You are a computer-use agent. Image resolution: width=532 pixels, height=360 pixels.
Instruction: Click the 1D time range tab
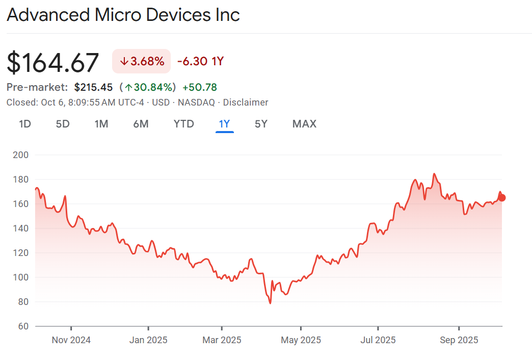click(25, 124)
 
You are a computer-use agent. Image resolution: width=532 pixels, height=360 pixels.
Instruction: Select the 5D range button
click(63, 124)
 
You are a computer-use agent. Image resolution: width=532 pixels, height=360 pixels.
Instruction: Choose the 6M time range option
click(141, 124)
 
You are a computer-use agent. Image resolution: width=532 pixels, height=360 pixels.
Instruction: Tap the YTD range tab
click(183, 124)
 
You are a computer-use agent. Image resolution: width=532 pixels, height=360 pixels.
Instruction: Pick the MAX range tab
click(304, 124)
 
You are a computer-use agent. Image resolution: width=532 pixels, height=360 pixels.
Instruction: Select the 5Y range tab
click(261, 124)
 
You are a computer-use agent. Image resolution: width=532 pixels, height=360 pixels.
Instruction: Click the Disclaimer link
click(246, 102)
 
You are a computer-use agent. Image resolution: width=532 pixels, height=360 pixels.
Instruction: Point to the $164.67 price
click(53, 63)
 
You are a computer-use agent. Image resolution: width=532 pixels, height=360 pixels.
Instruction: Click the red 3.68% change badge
click(142, 62)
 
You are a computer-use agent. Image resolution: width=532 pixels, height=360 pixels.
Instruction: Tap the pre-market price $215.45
click(93, 87)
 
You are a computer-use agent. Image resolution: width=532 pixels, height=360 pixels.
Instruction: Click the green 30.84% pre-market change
click(150, 87)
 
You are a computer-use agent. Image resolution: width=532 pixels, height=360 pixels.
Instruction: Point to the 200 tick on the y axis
click(20, 155)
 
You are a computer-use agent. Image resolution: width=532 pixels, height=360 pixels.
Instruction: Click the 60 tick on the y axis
click(22, 326)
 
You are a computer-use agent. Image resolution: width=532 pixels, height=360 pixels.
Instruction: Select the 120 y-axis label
click(20, 253)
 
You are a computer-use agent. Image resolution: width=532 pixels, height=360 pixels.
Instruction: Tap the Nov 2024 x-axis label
click(71, 340)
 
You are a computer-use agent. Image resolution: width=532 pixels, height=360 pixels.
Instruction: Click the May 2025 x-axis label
click(301, 340)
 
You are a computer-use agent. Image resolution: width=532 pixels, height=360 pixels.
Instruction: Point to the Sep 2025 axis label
click(459, 340)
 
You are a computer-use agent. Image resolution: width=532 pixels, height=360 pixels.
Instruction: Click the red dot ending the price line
click(502, 198)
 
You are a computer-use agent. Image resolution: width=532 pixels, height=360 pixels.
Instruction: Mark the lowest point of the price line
click(270, 303)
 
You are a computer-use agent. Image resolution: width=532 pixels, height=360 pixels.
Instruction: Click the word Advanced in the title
click(48, 15)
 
